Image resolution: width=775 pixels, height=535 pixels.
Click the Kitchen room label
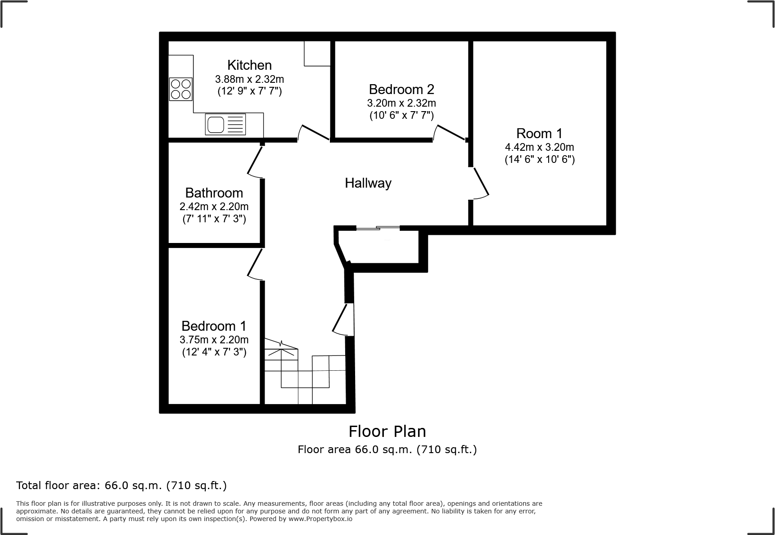(249, 65)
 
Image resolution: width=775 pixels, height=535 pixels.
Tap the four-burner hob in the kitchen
(180, 89)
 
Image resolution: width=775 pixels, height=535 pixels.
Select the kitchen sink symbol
(225, 124)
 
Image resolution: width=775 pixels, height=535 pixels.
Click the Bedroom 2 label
(401, 89)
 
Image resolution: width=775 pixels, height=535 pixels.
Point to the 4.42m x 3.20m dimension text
(539, 147)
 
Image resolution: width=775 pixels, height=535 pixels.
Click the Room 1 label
(539, 134)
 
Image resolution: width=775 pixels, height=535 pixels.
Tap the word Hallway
(368, 183)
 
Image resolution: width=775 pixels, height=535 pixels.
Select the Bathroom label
(214, 193)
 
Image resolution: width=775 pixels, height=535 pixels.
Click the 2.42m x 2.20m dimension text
(214, 207)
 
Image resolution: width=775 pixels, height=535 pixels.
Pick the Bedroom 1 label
(214, 326)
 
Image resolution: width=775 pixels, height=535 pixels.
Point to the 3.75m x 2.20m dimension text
(214, 340)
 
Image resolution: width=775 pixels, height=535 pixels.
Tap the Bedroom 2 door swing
(449, 133)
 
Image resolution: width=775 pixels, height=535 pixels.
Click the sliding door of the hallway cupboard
(378, 229)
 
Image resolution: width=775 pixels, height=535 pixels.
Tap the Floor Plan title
(387, 432)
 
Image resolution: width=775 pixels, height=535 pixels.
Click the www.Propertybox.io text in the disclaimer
(320, 519)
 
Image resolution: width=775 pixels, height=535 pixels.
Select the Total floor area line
(122, 486)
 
